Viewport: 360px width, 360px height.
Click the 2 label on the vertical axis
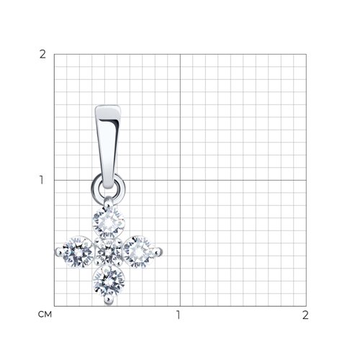click(42, 55)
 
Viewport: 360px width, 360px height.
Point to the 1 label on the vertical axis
click(42, 180)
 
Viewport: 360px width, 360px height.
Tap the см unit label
click(45, 315)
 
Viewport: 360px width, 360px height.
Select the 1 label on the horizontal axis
click(178, 315)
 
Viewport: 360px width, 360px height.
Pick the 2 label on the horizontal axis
click(305, 315)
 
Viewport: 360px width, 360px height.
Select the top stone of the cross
click(109, 222)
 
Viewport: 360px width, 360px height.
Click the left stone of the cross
click(78, 252)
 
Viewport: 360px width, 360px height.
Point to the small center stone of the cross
click(109, 252)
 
